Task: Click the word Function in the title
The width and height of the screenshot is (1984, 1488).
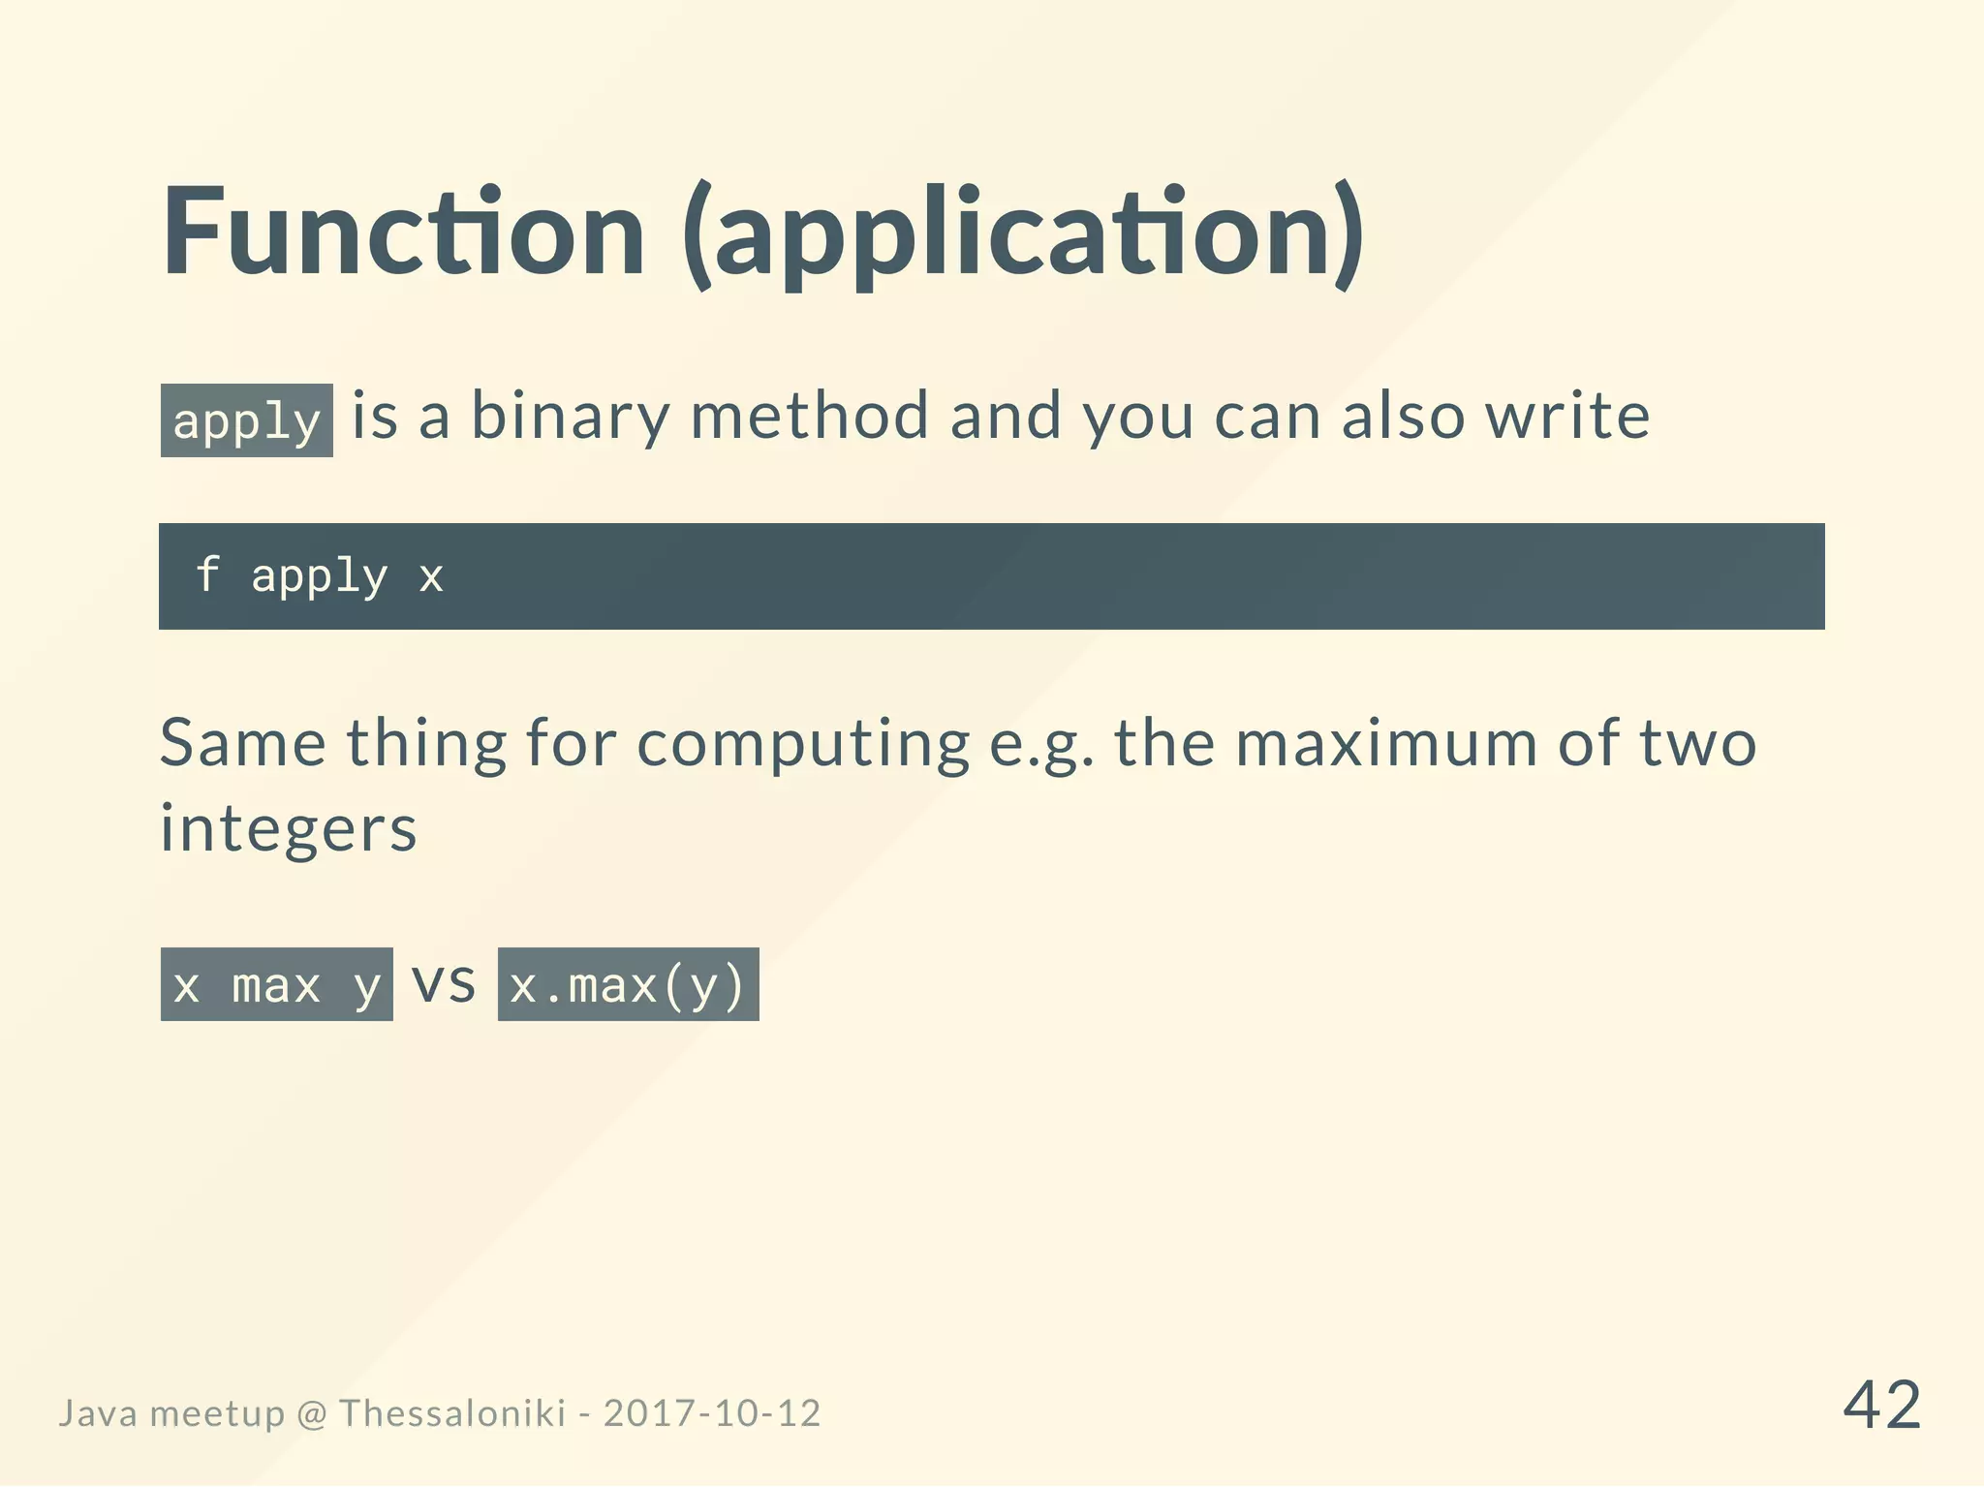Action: point(403,232)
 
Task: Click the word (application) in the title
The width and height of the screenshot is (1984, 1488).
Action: point(1023,234)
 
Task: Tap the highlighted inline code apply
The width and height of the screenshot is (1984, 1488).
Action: point(246,420)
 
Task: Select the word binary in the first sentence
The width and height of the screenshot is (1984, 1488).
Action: point(570,417)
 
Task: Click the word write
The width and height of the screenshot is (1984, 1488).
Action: point(1567,417)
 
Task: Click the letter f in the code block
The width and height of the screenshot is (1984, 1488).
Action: point(206,575)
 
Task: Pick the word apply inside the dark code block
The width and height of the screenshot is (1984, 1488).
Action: point(319,577)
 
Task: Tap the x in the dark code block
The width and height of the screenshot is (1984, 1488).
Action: point(431,577)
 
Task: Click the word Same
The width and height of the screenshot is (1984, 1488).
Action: point(242,744)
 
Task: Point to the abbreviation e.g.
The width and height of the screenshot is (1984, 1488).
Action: point(1041,746)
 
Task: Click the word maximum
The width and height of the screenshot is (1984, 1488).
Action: point(1386,744)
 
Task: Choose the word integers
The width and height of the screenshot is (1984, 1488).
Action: point(288,830)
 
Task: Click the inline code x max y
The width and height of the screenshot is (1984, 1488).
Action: point(276,985)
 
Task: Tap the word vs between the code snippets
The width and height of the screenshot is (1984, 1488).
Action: point(445,982)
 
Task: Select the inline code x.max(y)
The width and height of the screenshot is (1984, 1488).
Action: point(628,985)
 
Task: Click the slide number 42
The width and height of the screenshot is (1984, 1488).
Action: point(1881,1406)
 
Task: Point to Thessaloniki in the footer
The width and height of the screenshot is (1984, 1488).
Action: point(452,1413)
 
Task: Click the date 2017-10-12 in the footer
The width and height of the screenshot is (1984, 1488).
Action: point(712,1413)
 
